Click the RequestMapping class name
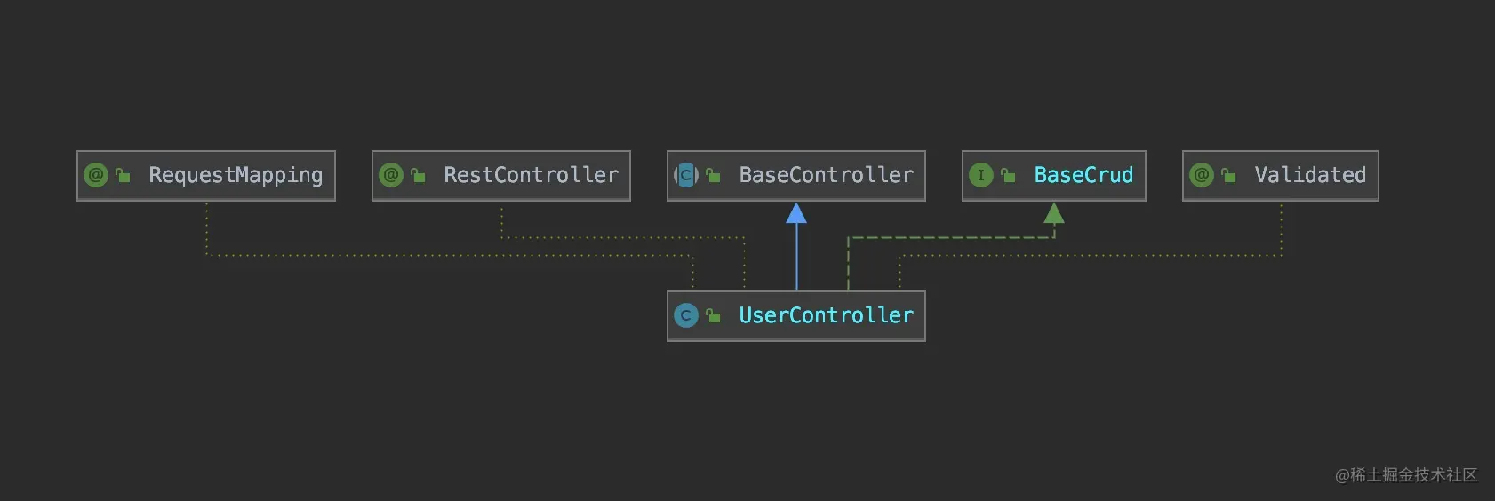pyautogui.click(x=236, y=176)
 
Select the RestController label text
pyautogui.click(x=532, y=175)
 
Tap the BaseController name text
pyautogui.click(x=827, y=175)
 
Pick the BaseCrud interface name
pyautogui.click(x=1083, y=175)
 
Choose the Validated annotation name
pyautogui.click(x=1310, y=175)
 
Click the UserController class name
pyautogui.click(x=827, y=314)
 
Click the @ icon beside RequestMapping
pyautogui.click(x=96, y=176)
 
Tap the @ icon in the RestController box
pyautogui.click(x=391, y=176)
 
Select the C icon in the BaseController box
pyautogui.click(x=686, y=176)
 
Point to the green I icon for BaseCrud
pyautogui.click(x=981, y=176)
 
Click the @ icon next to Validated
pyautogui.click(x=1202, y=176)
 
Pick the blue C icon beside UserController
pyautogui.click(x=686, y=315)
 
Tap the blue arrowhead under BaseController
pyautogui.click(x=796, y=213)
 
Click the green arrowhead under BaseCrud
pyautogui.click(x=1054, y=213)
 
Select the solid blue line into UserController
pyautogui.click(x=796, y=257)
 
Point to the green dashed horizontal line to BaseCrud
pyautogui.click(x=951, y=237)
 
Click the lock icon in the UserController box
pyautogui.click(x=713, y=315)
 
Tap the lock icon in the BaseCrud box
pyautogui.click(x=1008, y=176)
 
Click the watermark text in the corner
pyautogui.click(x=1406, y=475)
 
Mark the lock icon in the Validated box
pyautogui.click(x=1228, y=176)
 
